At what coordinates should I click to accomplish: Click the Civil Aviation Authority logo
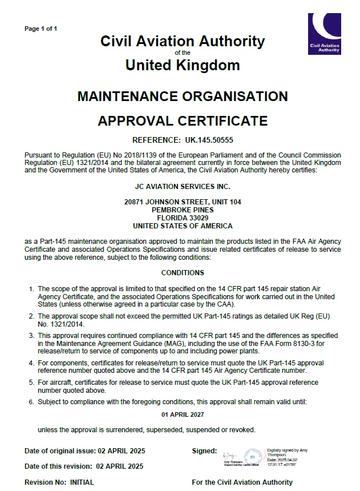(x=324, y=34)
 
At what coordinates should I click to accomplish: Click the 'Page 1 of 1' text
(x=41, y=29)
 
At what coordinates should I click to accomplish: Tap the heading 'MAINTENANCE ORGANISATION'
(x=183, y=96)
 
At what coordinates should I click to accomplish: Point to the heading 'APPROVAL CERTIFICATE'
(x=183, y=121)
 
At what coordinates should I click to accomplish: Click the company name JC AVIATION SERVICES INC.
(x=183, y=186)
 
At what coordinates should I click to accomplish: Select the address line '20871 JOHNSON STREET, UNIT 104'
(x=183, y=202)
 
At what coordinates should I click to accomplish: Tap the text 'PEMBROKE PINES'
(x=183, y=210)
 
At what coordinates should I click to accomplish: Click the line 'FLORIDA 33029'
(x=183, y=218)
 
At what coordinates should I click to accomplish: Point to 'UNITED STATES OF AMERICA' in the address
(x=183, y=226)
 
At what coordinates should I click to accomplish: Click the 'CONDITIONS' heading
(x=183, y=273)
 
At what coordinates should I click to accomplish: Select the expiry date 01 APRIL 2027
(x=183, y=414)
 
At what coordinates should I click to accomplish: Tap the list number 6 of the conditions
(x=32, y=402)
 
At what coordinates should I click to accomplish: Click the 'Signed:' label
(x=204, y=451)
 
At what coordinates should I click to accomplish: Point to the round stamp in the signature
(x=254, y=456)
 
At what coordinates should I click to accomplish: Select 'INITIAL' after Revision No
(x=82, y=482)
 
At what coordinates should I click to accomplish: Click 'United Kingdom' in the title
(x=183, y=65)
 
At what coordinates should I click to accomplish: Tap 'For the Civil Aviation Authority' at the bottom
(x=242, y=482)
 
